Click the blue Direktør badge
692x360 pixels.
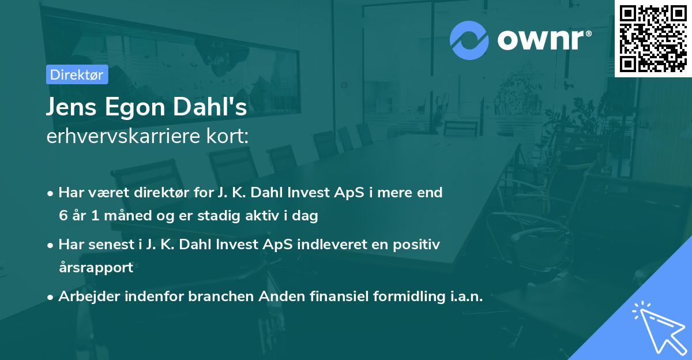[77, 74]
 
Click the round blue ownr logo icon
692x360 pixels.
[469, 39]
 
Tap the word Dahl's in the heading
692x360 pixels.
[213, 107]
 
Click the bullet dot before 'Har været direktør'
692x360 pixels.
[51, 193]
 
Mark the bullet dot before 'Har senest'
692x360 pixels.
[51, 245]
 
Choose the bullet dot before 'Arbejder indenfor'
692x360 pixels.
[51, 297]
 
